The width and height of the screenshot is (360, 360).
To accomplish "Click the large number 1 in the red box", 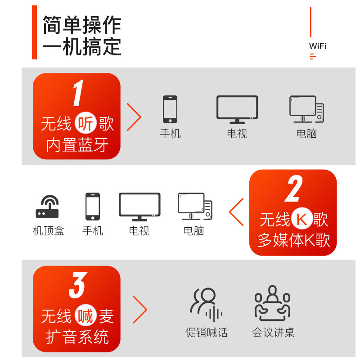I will pyautogui.click(x=78, y=94).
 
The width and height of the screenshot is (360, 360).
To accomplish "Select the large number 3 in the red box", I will pyautogui.click(x=77, y=286).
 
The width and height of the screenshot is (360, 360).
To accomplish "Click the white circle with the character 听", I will pyautogui.click(x=85, y=123).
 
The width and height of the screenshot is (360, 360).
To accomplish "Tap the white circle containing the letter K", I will pyautogui.click(x=302, y=220).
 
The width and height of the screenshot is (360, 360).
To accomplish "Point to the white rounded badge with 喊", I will pyautogui.click(x=85, y=316).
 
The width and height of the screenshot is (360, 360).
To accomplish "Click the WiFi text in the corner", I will pyautogui.click(x=318, y=46).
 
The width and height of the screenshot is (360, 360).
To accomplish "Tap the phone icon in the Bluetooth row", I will pyautogui.click(x=170, y=109).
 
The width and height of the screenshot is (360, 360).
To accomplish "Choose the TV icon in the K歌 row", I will pyautogui.click(x=139, y=207).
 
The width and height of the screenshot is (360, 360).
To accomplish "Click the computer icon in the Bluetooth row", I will pyautogui.click(x=306, y=109).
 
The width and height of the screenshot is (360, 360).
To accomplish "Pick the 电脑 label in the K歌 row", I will pyautogui.click(x=194, y=231).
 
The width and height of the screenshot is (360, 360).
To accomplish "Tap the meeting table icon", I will pyautogui.click(x=273, y=303).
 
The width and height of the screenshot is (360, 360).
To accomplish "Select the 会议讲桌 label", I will pyautogui.click(x=273, y=333).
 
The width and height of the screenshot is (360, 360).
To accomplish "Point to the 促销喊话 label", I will pyautogui.click(x=207, y=333).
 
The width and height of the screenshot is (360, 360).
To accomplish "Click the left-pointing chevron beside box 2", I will pyautogui.click(x=237, y=212).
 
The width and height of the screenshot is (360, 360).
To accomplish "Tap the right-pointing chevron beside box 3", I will pyautogui.click(x=140, y=310).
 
